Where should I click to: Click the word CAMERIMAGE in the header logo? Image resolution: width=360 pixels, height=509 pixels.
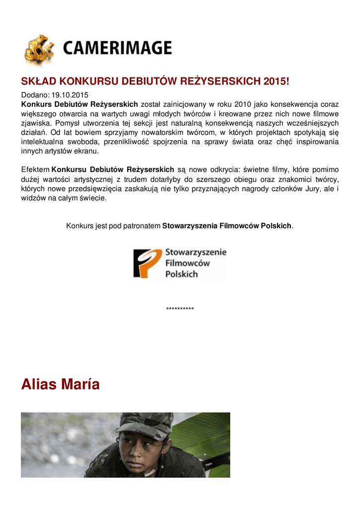[x=117, y=48]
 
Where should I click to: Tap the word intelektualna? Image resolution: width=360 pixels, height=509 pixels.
[x=42, y=142]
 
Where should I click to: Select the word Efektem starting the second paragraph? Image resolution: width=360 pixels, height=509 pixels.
[x=35, y=170]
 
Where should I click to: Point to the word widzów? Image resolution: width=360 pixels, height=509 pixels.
[x=33, y=198]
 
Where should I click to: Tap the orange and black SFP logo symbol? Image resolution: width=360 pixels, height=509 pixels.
[x=148, y=263]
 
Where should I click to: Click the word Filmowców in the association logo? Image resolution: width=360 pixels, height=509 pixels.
[x=187, y=263]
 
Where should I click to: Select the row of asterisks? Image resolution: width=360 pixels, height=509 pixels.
[x=180, y=309]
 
